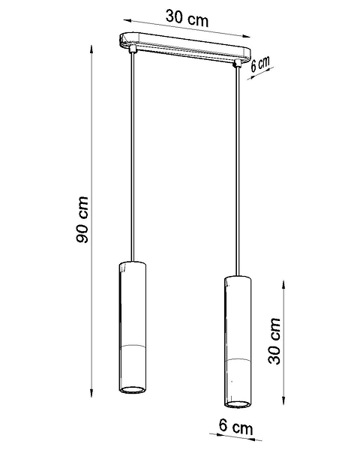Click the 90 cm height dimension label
pos(82,220)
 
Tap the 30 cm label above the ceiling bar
pos(187,18)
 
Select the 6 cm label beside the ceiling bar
pos(260,64)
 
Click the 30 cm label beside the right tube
pos(274,341)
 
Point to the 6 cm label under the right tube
pos(236,427)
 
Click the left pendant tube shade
pos(132,327)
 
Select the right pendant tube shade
pos(238,341)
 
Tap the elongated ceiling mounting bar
pos(185,47)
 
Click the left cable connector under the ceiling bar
pos(133,49)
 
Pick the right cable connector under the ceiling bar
pos(238,64)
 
